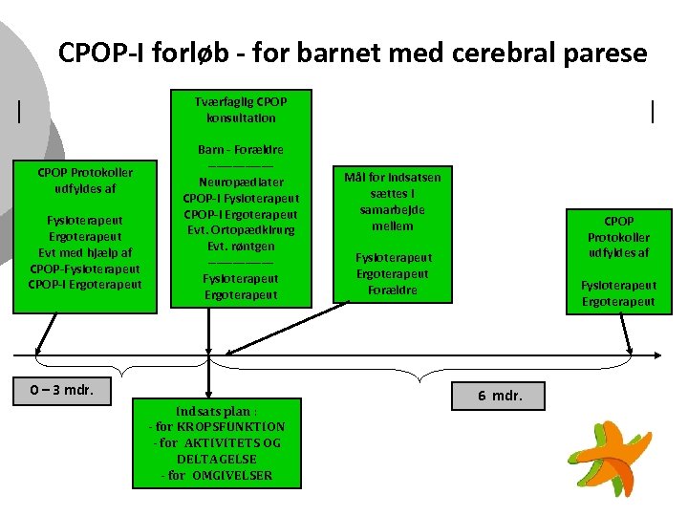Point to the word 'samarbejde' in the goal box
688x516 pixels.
tap(392, 209)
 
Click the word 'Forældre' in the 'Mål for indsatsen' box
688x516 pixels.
tap(393, 290)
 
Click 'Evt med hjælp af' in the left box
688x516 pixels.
tap(84, 252)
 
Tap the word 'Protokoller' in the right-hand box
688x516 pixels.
tap(618, 237)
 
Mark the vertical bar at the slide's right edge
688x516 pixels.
tap(653, 112)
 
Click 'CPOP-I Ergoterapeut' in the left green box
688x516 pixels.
tap(84, 284)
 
